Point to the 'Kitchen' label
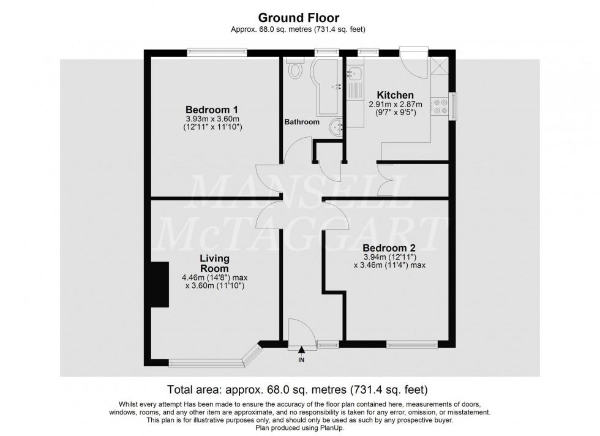(395, 96)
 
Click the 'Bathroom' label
(301, 122)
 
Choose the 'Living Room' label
(214, 263)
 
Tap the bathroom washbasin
(335, 128)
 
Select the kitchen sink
(354, 74)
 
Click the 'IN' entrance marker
(301, 360)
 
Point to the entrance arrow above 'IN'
(301, 351)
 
